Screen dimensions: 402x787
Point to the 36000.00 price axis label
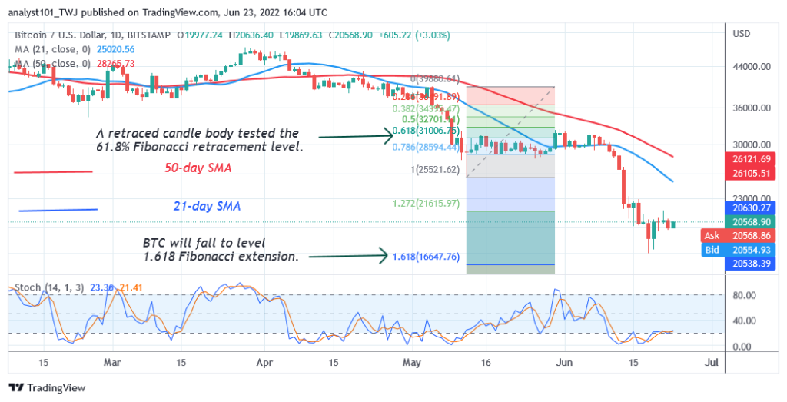coord(750,108)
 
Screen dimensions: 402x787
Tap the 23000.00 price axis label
coord(750,197)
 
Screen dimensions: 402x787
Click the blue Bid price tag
coord(712,250)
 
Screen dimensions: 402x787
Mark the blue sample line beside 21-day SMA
coord(58,210)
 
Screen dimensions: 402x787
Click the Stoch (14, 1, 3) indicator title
coord(48,287)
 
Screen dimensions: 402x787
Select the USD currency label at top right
coord(742,34)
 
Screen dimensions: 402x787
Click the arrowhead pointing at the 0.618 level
coord(389,137)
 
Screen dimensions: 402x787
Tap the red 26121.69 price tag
coord(751,158)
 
